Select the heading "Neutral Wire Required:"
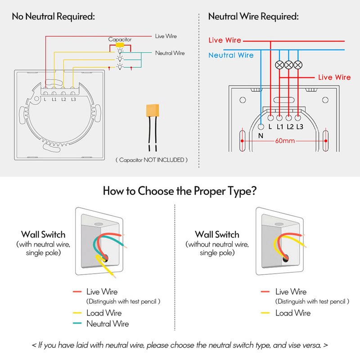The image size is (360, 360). coord(253,17)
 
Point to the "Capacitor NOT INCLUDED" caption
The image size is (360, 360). coord(152,160)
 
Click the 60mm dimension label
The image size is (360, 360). coord(283,141)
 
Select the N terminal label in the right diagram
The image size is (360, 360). coord(261,136)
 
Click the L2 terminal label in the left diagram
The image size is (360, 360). coord(64,99)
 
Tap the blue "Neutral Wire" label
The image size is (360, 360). coord(231,55)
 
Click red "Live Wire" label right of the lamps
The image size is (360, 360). coord(334,77)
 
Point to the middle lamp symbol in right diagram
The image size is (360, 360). coord(288,65)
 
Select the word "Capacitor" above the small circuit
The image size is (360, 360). coord(120,40)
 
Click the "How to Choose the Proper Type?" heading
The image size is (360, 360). coord(180,190)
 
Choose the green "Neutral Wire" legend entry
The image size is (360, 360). coord(108,324)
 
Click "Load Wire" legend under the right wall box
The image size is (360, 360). coord(292,313)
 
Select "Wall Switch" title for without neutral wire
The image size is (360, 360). coord(217,234)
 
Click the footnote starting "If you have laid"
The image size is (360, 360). coord(180,346)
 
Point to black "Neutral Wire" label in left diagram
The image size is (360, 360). coord(170,53)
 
